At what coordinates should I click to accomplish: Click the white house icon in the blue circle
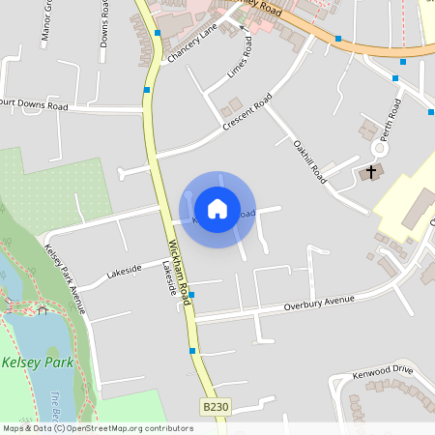pos(217,208)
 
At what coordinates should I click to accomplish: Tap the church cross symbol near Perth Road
pos(370,172)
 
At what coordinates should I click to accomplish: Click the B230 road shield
pos(216,409)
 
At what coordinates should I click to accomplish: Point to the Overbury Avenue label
pos(320,304)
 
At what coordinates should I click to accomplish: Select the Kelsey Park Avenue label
pos(66,279)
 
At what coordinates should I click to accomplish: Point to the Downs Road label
pos(104,24)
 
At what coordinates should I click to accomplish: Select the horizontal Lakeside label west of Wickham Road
pos(124,272)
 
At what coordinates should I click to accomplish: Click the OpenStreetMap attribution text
pos(97,428)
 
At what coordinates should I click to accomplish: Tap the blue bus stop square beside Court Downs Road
pos(147,90)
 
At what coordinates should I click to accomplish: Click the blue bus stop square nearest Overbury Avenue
pos(191,295)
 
